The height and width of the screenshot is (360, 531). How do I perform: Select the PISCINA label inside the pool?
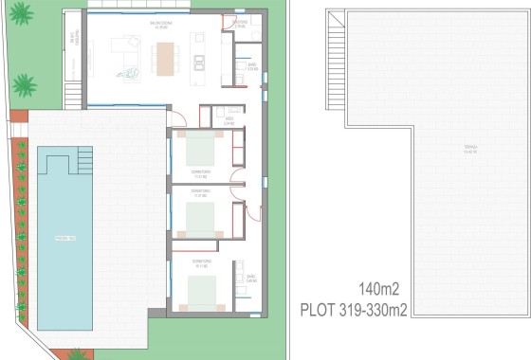click(64, 237)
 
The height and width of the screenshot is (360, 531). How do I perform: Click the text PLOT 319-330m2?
click(355, 308)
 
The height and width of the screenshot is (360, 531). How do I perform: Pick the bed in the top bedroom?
click(201, 149)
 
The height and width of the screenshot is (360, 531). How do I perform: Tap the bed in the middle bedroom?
click(201, 220)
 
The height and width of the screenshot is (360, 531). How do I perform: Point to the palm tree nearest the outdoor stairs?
click(25, 84)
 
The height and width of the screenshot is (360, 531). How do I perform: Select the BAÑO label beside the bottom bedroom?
click(251, 281)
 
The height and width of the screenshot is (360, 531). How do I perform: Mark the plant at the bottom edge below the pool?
click(77, 354)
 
